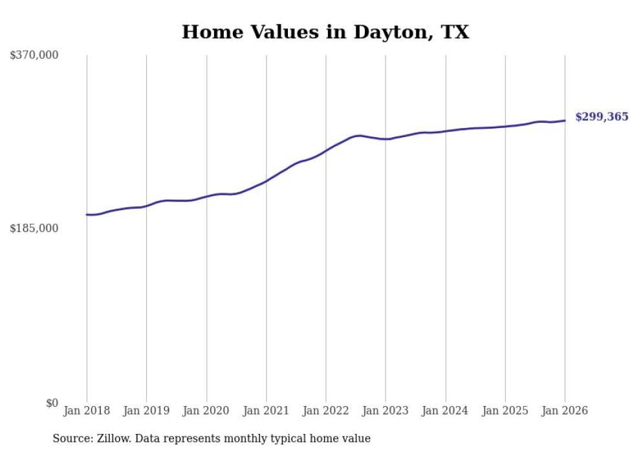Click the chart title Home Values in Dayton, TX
coord(325,32)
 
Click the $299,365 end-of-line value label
coord(601,117)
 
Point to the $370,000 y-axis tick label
coord(34,56)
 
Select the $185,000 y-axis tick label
coord(34,228)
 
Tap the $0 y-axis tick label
coord(52,403)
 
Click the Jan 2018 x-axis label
coord(87,411)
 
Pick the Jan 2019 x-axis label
coord(146,411)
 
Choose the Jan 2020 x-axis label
coord(206,411)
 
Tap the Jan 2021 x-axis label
coord(266,411)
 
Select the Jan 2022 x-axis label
coord(326,411)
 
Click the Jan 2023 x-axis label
coord(386,411)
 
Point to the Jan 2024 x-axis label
coord(445,411)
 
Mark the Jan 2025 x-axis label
coord(505,411)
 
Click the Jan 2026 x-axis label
coord(565,411)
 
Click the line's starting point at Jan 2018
coord(87,215)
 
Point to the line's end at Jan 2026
coord(565,120)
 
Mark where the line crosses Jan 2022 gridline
coord(326,149)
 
